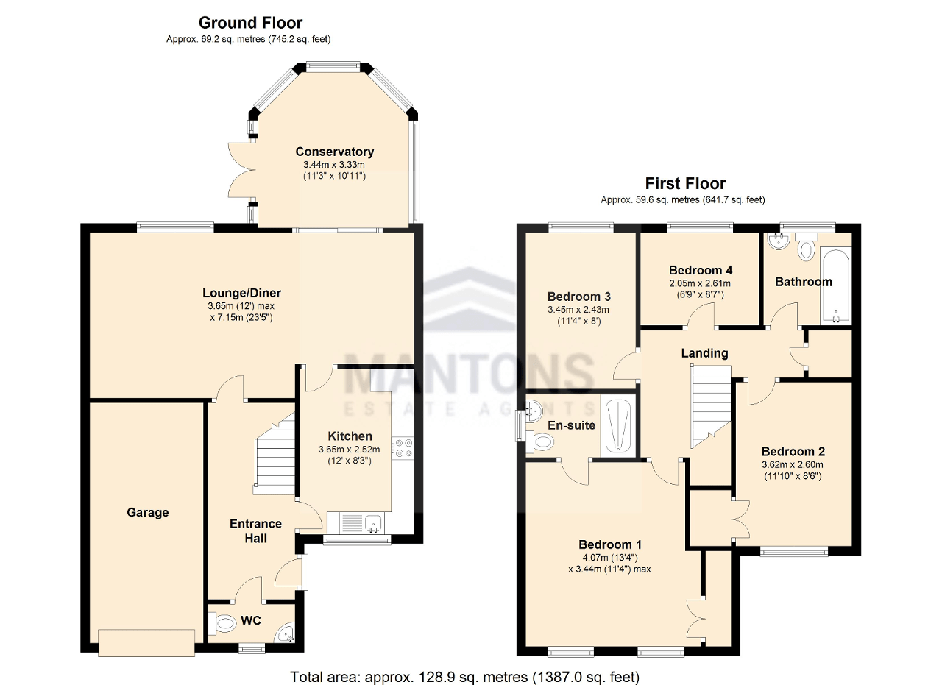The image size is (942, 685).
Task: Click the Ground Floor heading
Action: coord(250,23)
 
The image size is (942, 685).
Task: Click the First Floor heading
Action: coord(685,183)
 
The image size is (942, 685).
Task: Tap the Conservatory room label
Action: coord(334,152)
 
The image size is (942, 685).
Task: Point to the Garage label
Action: coord(147,512)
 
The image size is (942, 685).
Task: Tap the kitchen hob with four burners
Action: coord(403,448)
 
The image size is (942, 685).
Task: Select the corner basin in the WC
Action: coord(286,633)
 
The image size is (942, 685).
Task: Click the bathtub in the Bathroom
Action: coord(835,287)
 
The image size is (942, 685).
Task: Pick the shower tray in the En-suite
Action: coord(617,425)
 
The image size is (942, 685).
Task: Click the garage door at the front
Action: coord(147,642)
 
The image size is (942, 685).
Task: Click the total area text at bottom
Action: coord(464,676)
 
